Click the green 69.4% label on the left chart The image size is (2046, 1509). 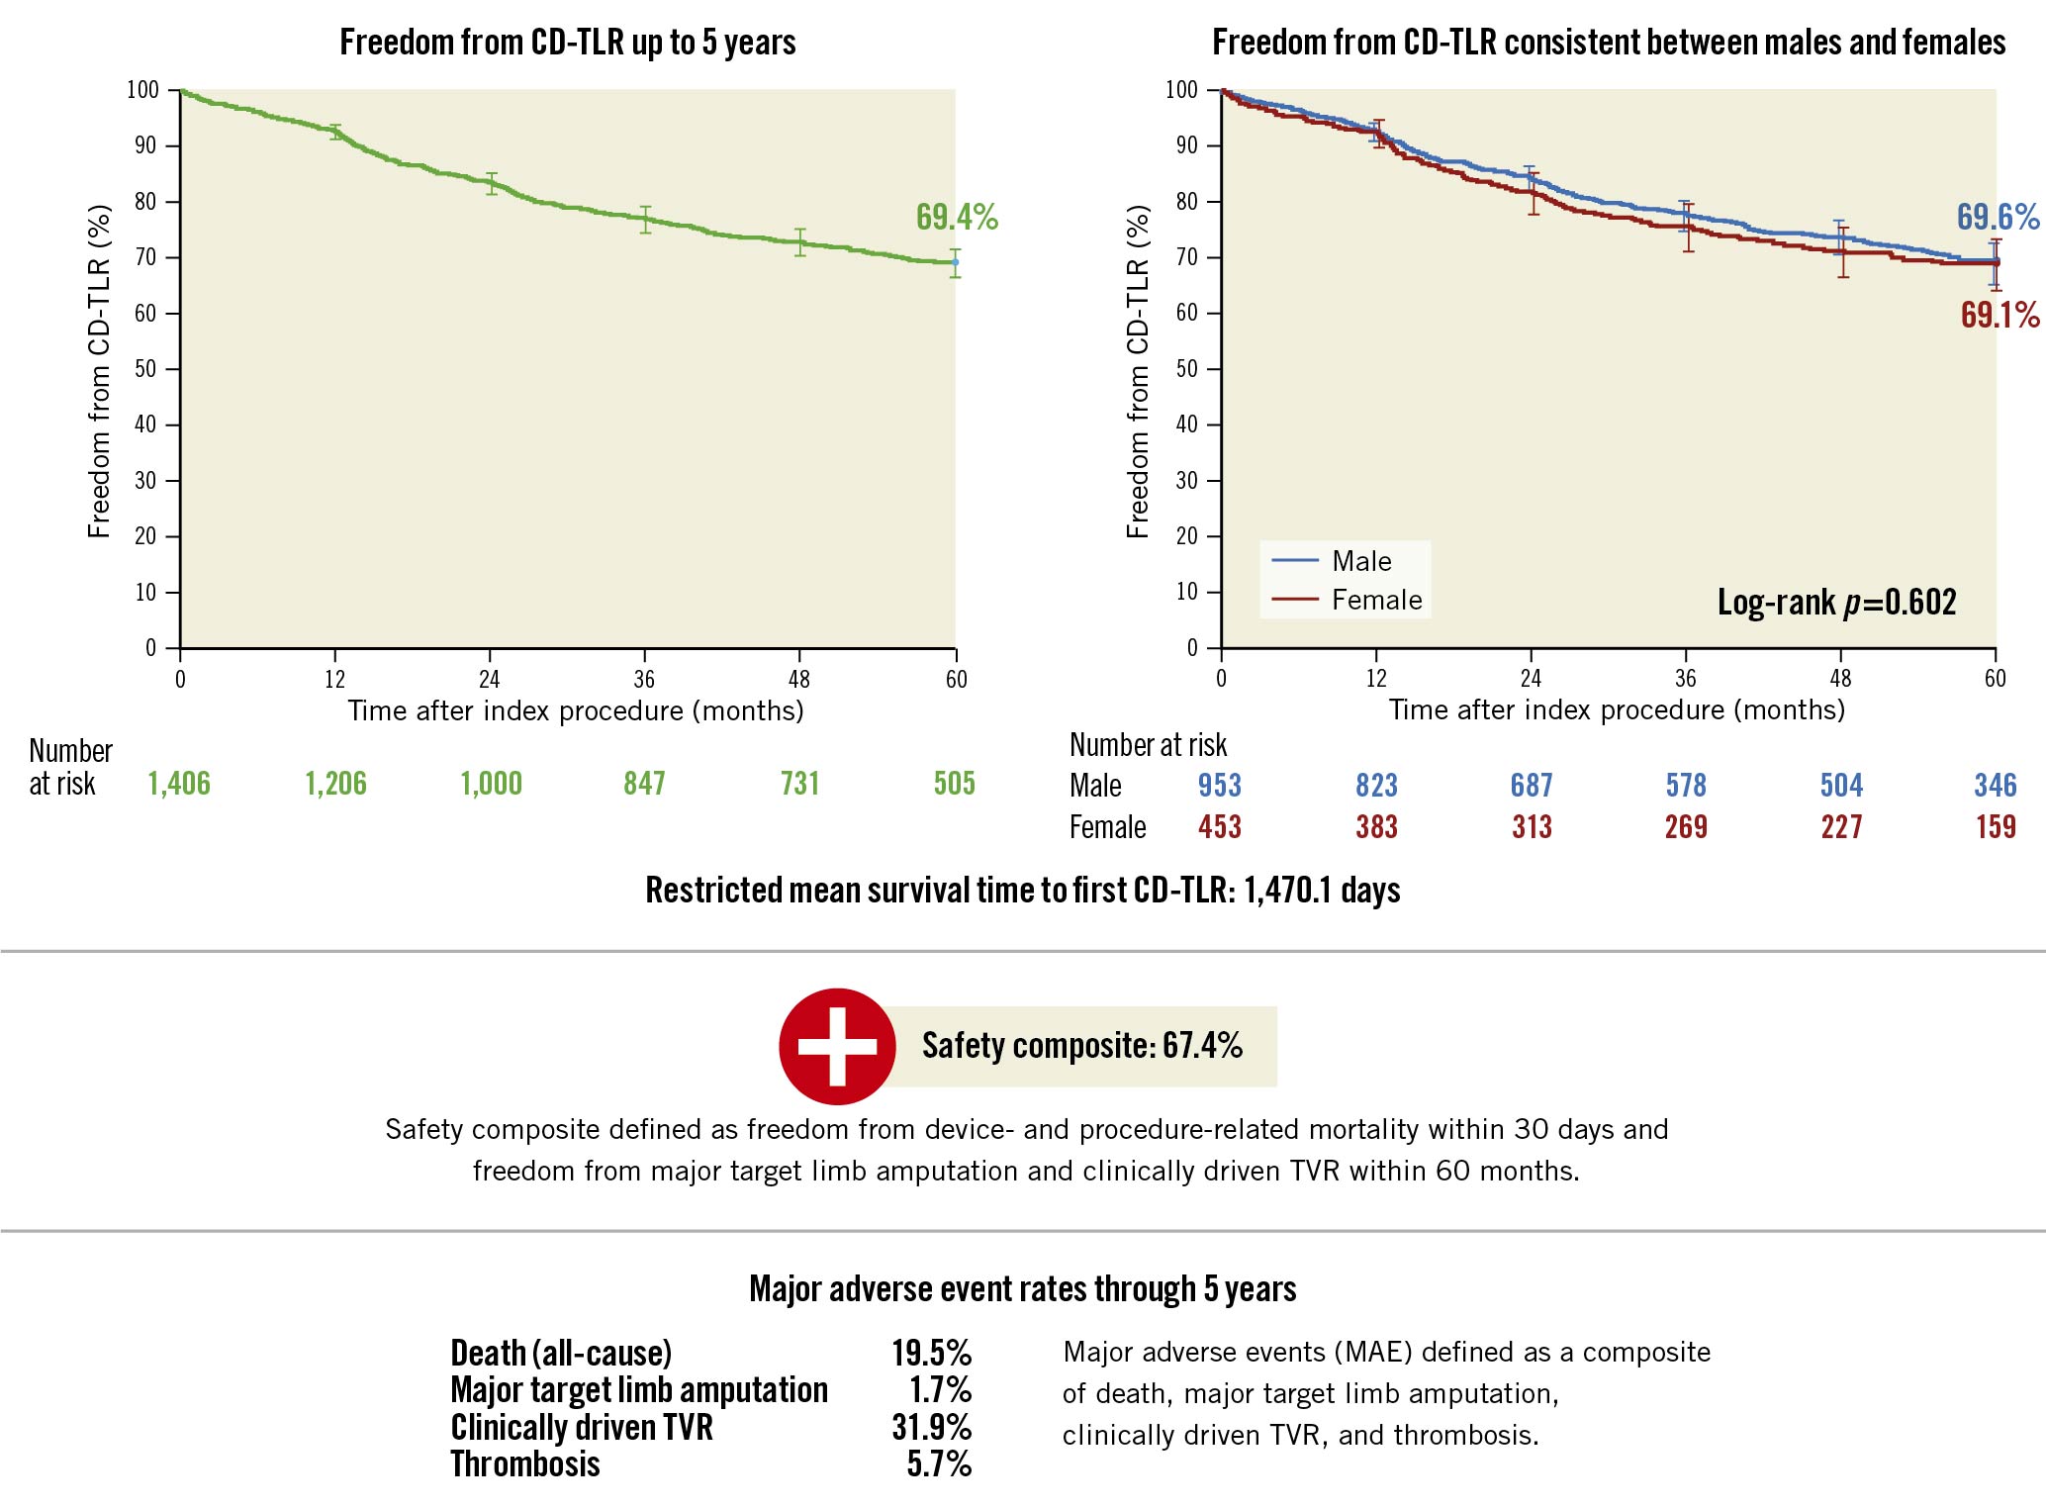click(956, 217)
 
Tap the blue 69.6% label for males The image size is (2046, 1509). click(1998, 217)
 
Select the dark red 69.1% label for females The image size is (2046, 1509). click(1999, 315)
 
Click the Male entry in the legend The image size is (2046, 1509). click(1360, 561)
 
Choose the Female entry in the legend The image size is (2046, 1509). click(1375, 600)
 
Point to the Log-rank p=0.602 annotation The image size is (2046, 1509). click(1836, 602)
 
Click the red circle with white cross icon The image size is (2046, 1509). click(837, 1046)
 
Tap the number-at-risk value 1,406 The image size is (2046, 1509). click(179, 784)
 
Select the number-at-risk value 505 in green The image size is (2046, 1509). click(954, 784)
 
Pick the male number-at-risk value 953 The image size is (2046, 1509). click(1219, 786)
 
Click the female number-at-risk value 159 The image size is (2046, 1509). click(1996, 827)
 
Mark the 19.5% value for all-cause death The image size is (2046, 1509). click(931, 1353)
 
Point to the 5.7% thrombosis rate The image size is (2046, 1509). click(939, 1464)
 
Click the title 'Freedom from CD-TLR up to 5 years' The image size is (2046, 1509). click(568, 43)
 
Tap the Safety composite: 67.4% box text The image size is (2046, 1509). click(1081, 1046)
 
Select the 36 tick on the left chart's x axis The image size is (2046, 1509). click(644, 679)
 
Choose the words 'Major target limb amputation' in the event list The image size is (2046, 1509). click(639, 1390)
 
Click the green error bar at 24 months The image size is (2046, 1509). click(491, 184)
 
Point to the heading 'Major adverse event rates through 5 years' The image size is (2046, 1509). click(1022, 1289)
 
